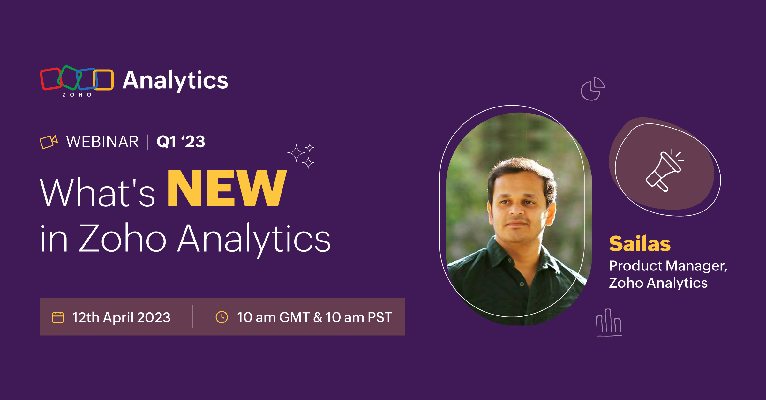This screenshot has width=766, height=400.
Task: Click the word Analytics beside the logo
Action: click(175, 80)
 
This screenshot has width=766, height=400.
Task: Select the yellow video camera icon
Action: click(49, 142)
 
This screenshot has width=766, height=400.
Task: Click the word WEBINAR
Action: click(102, 142)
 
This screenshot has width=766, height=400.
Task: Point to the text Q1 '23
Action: click(181, 142)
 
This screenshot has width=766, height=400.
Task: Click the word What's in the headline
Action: click(97, 193)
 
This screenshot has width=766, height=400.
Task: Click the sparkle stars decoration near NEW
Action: click(301, 156)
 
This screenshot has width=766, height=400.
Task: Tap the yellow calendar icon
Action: click(58, 317)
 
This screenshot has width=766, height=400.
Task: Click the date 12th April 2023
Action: click(121, 317)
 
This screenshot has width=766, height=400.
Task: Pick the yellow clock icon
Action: click(222, 317)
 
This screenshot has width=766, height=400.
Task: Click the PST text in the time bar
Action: click(380, 317)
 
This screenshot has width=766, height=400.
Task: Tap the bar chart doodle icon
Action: click(609, 322)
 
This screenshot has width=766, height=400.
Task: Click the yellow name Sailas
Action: click(640, 244)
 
